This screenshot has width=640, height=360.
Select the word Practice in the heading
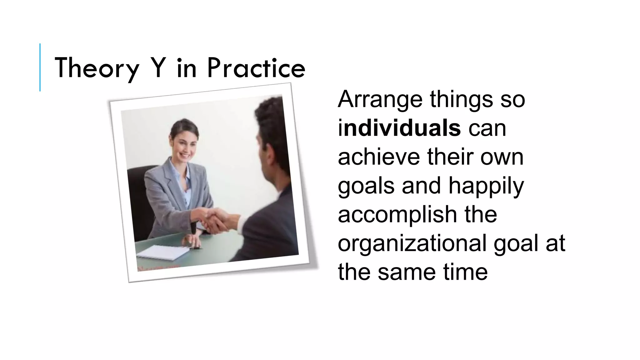point(256,68)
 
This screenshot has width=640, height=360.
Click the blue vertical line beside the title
point(40,67)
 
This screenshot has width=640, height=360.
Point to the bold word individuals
point(399,128)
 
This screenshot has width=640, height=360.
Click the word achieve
point(379,157)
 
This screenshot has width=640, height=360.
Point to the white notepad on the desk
point(162,252)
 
